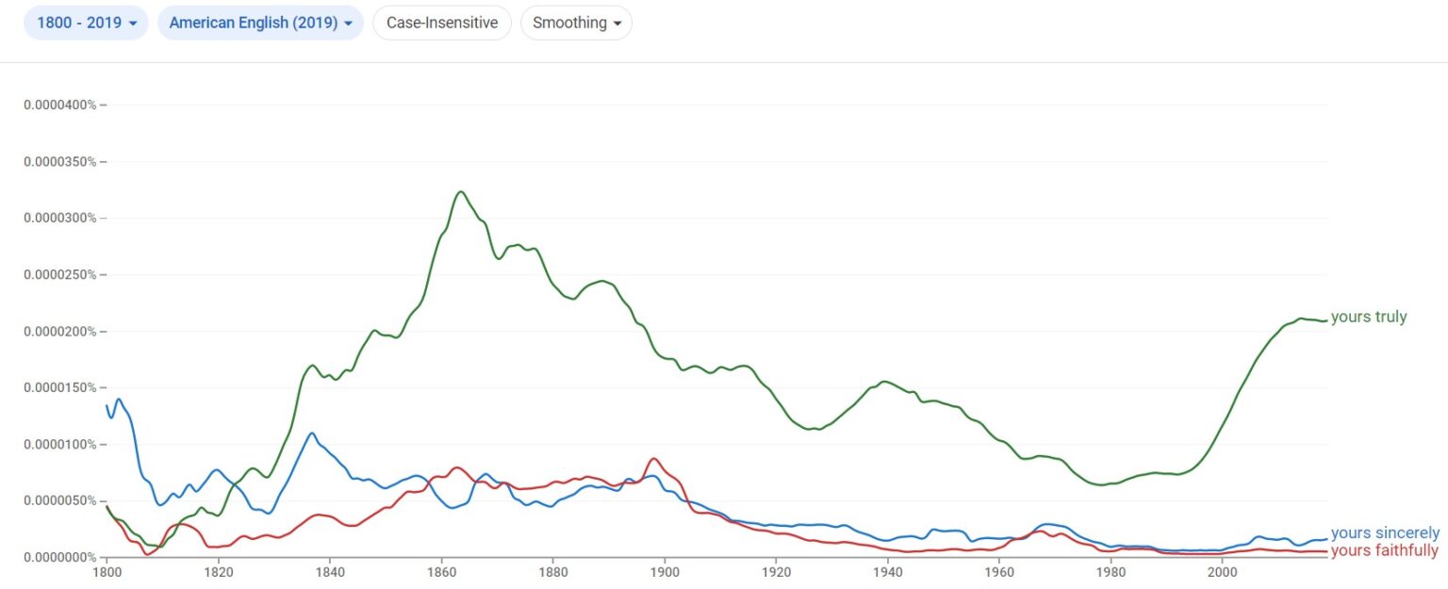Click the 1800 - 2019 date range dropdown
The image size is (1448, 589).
86,23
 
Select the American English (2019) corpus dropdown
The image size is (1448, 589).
260,23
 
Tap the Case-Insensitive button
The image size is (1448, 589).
442,23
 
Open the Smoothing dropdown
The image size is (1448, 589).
576,23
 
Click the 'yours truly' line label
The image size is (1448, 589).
1368,318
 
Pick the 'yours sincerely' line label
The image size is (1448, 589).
1385,533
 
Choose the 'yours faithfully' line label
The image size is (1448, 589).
1384,550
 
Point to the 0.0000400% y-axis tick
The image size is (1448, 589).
60,105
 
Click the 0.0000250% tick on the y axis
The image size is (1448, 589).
60,274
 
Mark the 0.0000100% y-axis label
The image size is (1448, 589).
60,444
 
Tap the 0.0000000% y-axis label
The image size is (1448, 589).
60,557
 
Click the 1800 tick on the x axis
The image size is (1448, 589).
107,571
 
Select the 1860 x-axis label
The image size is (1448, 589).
441,571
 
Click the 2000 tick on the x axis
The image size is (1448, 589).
1222,571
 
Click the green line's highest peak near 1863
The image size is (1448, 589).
460,192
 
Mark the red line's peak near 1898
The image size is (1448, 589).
653,459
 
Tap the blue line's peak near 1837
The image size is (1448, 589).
312,434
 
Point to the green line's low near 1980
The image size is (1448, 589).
1102,484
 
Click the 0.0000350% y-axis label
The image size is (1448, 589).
60,161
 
